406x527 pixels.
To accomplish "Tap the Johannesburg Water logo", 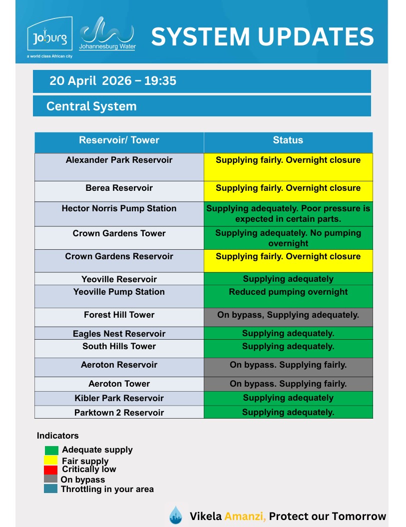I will pos(107,34).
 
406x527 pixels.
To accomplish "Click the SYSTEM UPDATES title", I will pos(262,36).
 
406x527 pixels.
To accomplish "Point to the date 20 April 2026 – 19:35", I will pos(113,81).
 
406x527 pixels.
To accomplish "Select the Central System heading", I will pos(91,106).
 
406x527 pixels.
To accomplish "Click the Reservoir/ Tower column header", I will pos(119,140).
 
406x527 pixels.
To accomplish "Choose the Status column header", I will pos(288,140).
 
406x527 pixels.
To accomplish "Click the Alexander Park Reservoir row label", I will pos(119,160).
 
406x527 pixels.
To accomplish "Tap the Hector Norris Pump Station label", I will pos(119,208).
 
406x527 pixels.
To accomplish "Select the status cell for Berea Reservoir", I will pos(288,188).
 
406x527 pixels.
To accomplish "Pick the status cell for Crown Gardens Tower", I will pos(288,238).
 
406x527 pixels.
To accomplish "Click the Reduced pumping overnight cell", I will pos(288,292).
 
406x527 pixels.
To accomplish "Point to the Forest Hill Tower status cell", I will pos(288,315).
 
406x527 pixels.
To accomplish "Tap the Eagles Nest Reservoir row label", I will pos(119,334).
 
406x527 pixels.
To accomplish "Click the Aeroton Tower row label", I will pos(119,384).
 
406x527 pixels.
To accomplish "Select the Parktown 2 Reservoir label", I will pos(119,413).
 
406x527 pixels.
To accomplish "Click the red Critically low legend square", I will pos(51,470).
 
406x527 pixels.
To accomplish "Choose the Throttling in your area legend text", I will pos(107,490).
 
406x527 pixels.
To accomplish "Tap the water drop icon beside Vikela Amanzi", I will pos(175,515).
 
